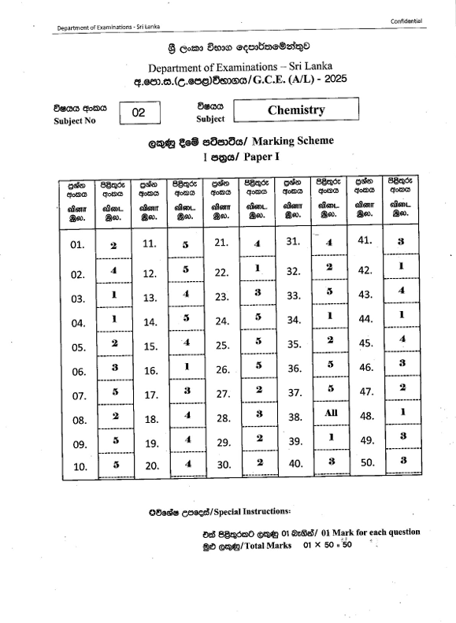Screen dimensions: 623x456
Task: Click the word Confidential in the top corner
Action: [406, 20]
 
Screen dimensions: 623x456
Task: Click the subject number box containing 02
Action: [139, 113]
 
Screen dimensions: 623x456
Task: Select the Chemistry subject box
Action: [295, 109]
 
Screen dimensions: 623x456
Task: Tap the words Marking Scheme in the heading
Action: [295, 141]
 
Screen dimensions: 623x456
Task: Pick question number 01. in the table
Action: [77, 245]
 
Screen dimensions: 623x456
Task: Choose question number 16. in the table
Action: [150, 370]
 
